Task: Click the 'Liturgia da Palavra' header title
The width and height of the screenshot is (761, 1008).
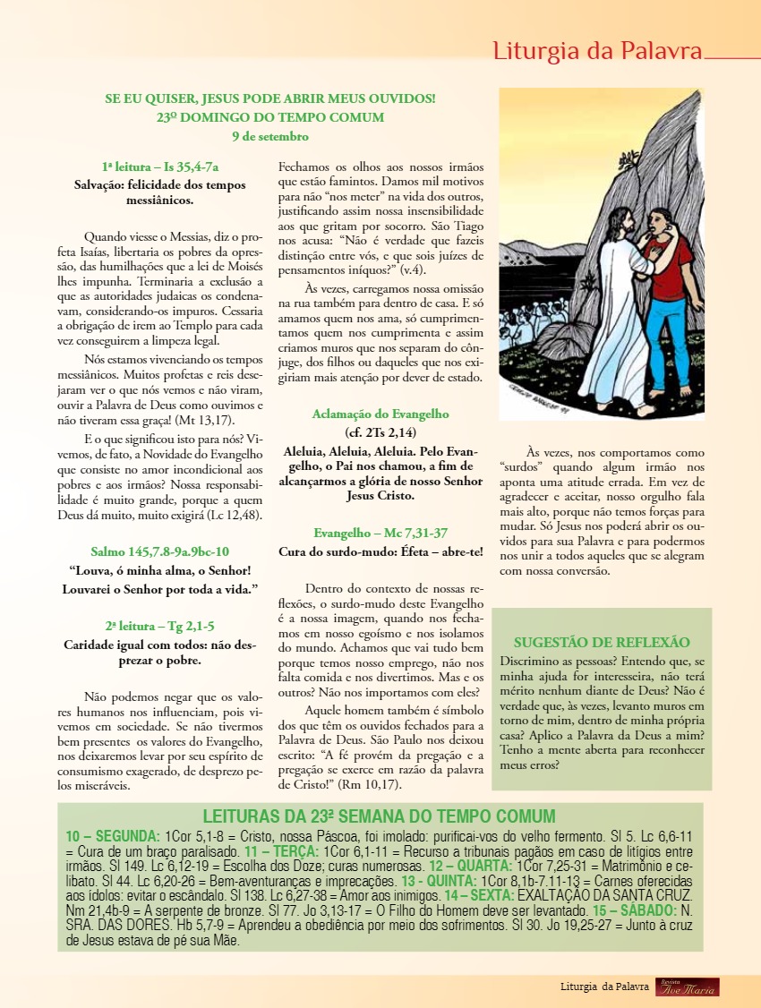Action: tap(597, 51)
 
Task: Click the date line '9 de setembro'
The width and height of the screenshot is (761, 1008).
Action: tap(270, 136)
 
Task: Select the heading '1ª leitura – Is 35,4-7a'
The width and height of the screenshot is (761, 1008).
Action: tap(160, 167)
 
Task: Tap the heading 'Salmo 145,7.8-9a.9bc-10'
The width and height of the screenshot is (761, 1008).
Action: tap(160, 551)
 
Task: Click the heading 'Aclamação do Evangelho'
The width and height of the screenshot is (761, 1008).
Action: tap(380, 414)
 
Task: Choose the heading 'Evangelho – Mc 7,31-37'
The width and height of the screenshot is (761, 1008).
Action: tap(380, 532)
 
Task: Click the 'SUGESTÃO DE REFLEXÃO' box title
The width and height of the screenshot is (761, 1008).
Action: tap(602, 642)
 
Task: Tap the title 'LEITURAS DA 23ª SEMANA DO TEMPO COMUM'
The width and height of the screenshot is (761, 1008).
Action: tap(379, 816)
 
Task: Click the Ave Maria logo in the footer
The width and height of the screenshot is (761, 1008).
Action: tap(687, 987)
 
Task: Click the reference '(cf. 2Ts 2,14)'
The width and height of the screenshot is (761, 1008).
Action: tap(380, 432)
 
